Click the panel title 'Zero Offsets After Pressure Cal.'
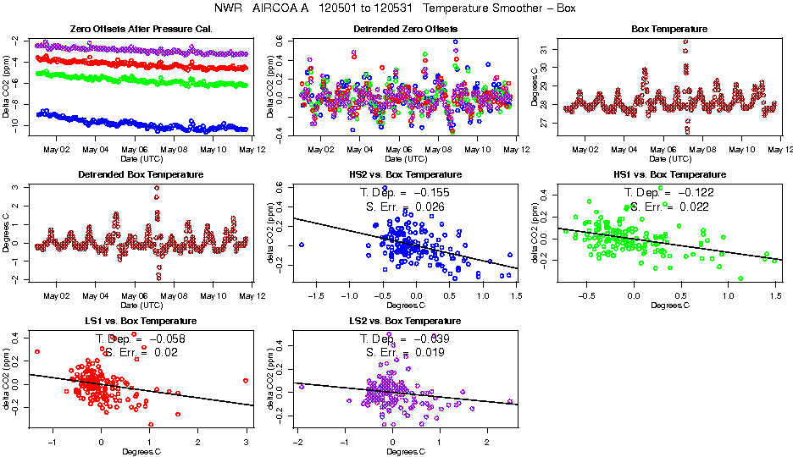pyautogui.click(x=141, y=30)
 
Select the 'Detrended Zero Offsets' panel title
pyautogui.click(x=405, y=30)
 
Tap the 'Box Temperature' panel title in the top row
pyautogui.click(x=669, y=30)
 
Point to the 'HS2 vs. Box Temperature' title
pyautogui.click(x=405, y=175)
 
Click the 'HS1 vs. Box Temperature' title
pyautogui.click(x=669, y=175)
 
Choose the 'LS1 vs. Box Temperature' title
pyautogui.click(x=141, y=322)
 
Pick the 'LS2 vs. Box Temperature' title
pyautogui.click(x=405, y=322)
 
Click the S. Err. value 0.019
pyautogui.click(x=429, y=352)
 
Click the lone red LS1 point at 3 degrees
pyautogui.click(x=245, y=381)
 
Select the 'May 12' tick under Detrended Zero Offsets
pyautogui.click(x=516, y=150)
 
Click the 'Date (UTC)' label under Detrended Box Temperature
pyautogui.click(x=141, y=305)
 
